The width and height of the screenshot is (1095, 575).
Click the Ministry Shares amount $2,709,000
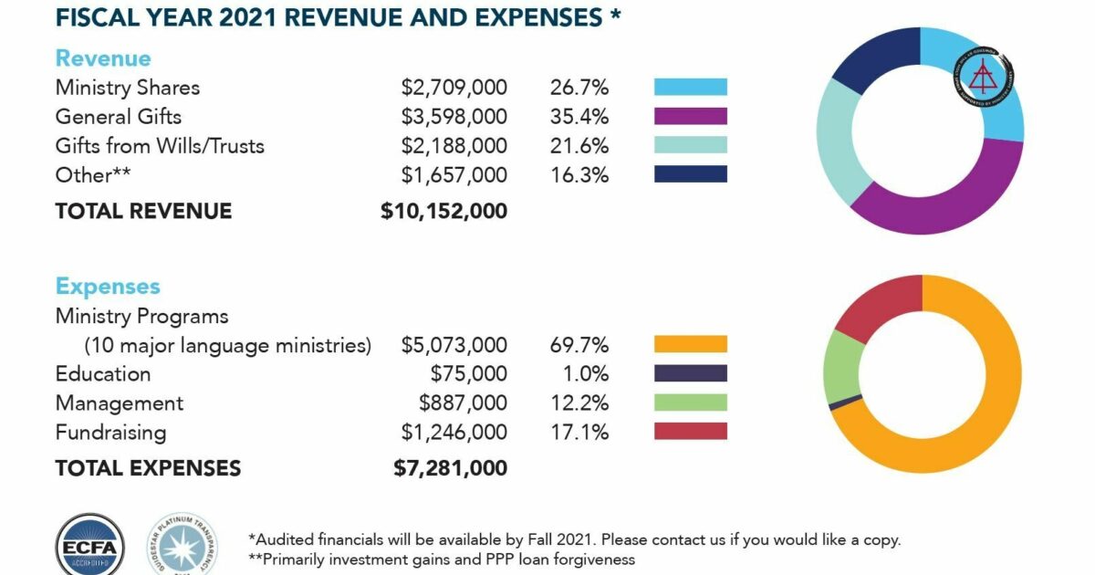(x=454, y=88)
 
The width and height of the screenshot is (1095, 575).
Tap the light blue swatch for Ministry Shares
(x=690, y=88)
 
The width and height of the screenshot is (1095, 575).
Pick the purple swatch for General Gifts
(x=690, y=117)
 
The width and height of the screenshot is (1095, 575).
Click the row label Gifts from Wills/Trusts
(x=159, y=146)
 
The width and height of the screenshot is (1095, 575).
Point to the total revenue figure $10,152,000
(x=443, y=212)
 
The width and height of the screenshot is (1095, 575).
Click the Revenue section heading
(x=102, y=58)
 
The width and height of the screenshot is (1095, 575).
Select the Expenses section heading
(x=107, y=287)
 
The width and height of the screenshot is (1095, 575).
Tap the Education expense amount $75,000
(x=468, y=374)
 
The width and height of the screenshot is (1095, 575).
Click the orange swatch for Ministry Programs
(x=690, y=345)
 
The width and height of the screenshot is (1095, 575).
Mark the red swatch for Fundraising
(x=690, y=432)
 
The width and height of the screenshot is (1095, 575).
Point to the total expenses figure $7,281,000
(x=450, y=469)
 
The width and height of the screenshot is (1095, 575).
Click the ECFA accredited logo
(x=89, y=546)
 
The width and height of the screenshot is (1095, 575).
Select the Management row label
(x=119, y=403)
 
